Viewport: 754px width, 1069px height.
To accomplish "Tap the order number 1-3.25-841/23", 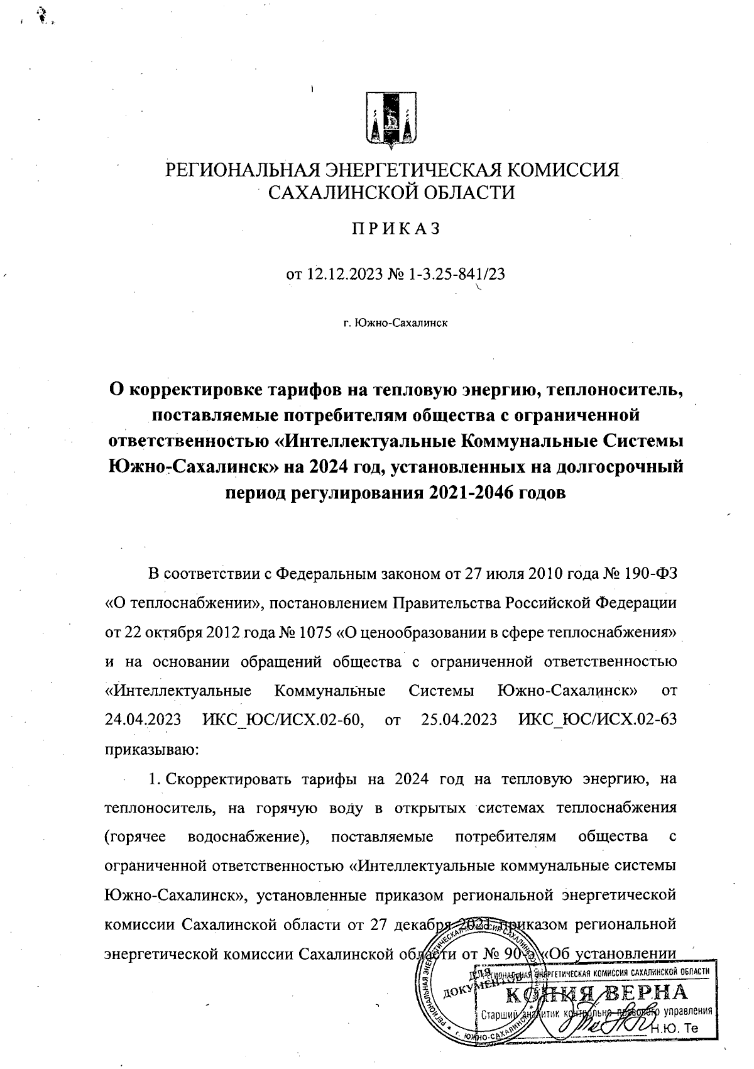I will (453, 274).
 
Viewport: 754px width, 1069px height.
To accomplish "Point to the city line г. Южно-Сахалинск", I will (395, 323).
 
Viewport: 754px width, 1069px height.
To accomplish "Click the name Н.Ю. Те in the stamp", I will (675, 1029).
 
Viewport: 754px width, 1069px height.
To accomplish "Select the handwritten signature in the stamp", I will (597, 1024).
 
